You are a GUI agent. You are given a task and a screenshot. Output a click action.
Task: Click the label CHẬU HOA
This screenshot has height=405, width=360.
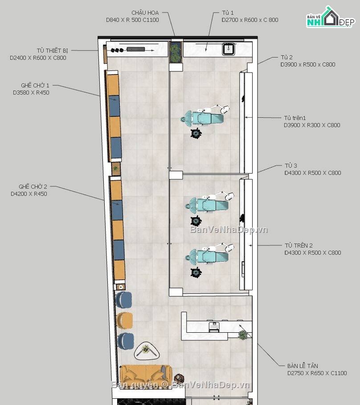click(145, 12)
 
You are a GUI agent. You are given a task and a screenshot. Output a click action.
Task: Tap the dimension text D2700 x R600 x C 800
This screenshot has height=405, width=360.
click(250, 20)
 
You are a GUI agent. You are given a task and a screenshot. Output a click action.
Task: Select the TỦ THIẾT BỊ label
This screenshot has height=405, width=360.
click(52, 50)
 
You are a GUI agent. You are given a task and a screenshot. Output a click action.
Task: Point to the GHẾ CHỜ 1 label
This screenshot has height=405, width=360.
click(35, 85)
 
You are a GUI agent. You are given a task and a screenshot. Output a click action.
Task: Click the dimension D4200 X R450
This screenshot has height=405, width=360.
click(29, 194)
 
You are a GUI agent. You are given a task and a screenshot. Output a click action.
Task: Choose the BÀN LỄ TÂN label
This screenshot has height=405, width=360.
click(303, 366)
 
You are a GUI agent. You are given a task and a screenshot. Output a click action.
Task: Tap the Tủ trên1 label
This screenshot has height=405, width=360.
click(295, 118)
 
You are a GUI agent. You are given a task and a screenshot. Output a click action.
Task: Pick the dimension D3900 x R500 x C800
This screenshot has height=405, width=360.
click(308, 65)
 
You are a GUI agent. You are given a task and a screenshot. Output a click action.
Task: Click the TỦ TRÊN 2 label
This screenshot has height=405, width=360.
click(299, 245)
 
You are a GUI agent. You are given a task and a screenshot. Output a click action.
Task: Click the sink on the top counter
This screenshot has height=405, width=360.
click(229, 49)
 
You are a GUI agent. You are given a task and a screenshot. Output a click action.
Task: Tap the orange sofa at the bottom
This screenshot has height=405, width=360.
click(146, 375)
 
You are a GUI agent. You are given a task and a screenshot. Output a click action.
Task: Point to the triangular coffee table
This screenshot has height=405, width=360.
click(147, 351)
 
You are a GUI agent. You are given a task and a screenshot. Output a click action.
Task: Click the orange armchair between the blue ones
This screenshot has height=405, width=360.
click(125, 321)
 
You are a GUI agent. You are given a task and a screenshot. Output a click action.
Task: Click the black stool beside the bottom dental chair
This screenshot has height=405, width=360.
click(196, 273)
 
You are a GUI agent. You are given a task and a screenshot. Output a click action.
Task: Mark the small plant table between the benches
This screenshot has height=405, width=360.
click(116, 169)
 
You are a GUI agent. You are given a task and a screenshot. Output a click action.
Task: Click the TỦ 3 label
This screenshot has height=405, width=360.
click(291, 165)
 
